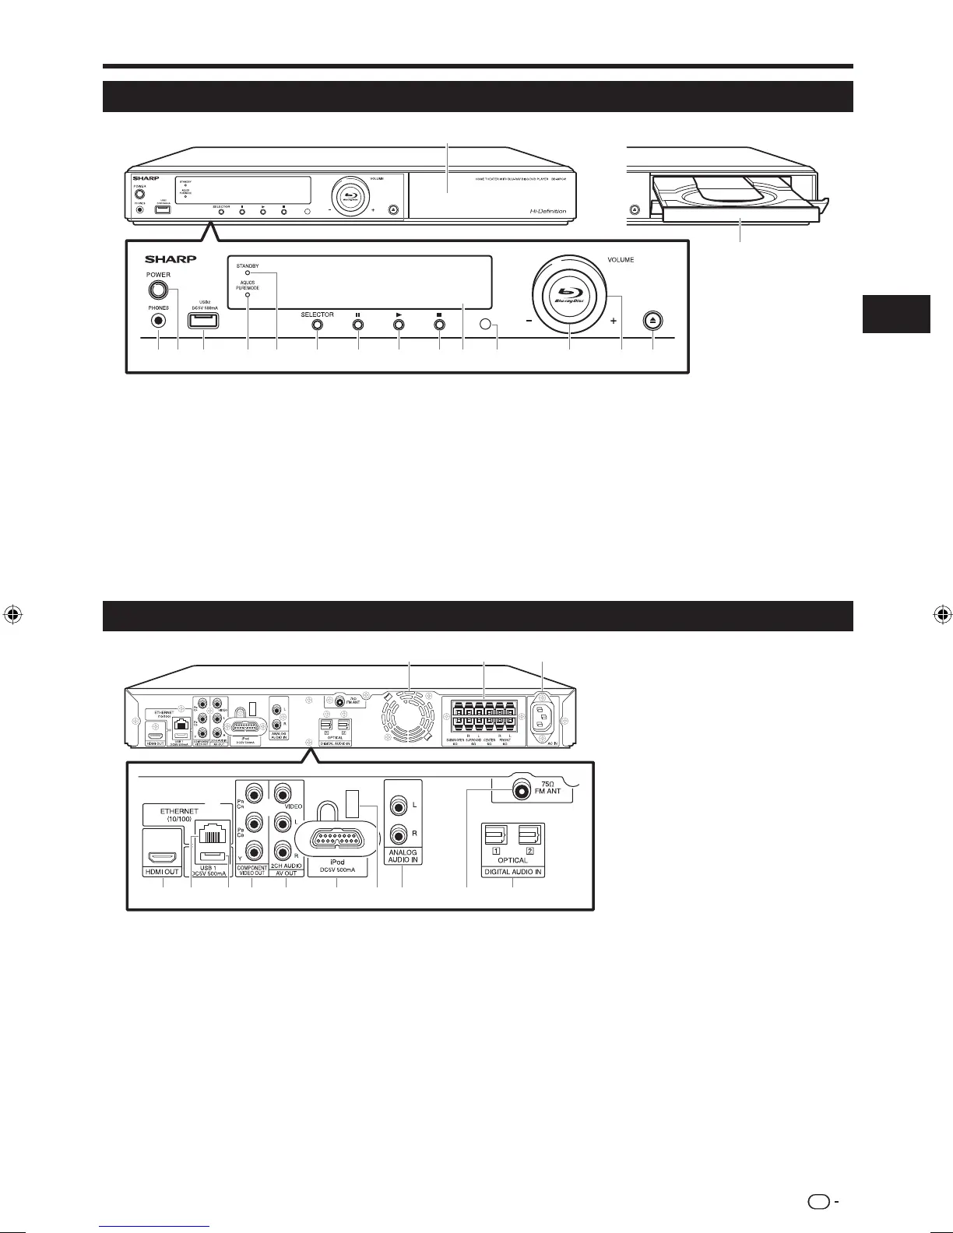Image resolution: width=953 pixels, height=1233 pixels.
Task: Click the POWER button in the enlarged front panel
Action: pyautogui.click(x=158, y=290)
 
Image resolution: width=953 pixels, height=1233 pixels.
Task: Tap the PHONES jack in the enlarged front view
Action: pyautogui.click(x=159, y=319)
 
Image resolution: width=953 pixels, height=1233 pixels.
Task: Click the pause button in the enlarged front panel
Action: pyautogui.click(x=358, y=325)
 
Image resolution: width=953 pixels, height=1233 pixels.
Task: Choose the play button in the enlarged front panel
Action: pyautogui.click(x=399, y=325)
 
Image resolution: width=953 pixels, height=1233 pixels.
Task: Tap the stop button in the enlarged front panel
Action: pyautogui.click(x=440, y=325)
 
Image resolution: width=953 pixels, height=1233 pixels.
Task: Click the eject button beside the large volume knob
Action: pyautogui.click(x=653, y=321)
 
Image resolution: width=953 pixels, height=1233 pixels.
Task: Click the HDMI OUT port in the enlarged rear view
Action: pyautogui.click(x=162, y=859)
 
